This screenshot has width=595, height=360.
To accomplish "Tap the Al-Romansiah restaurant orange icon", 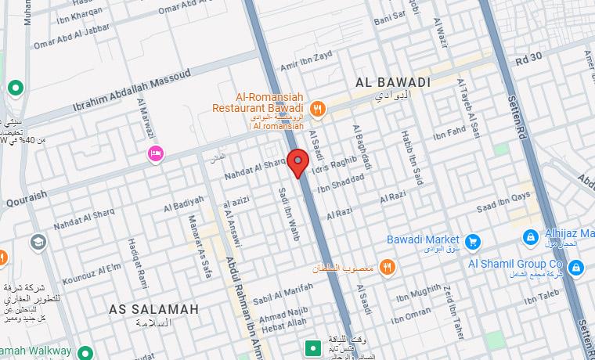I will [317, 109].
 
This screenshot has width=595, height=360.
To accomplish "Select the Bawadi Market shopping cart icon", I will [472, 241].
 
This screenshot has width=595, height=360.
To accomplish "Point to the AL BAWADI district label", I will [393, 82].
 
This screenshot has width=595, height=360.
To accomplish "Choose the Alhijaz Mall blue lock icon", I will [530, 236].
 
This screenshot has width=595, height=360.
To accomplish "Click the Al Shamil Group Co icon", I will [577, 269].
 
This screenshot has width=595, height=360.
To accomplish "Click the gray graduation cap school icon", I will [37, 243].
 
